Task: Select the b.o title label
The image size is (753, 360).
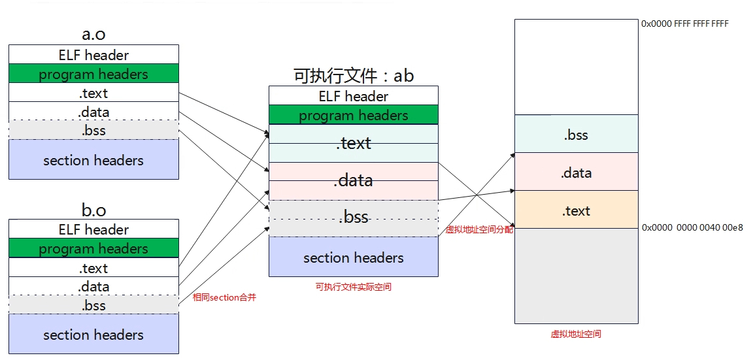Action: tap(93, 210)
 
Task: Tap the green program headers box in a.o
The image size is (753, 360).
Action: tap(93, 74)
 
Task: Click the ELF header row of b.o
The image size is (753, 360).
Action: tap(93, 229)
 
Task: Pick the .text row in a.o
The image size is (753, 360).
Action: tap(93, 93)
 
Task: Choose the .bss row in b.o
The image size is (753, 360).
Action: tap(93, 305)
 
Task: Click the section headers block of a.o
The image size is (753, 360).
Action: tap(93, 160)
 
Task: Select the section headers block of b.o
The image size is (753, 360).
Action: tap(93, 335)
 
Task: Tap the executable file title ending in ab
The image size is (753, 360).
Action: tap(354, 76)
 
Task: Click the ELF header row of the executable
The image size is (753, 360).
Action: tap(354, 96)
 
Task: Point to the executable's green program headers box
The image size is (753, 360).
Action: tap(354, 116)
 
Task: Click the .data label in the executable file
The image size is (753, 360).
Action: tap(354, 180)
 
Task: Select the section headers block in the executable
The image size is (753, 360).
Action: tap(354, 257)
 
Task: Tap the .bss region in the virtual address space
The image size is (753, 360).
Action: tap(576, 135)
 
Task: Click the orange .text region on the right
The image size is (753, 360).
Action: tap(576, 210)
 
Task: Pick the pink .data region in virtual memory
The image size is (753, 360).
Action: tap(576, 173)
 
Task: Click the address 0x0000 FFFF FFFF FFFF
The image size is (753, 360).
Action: tap(685, 24)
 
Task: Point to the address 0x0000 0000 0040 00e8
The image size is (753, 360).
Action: tap(692, 228)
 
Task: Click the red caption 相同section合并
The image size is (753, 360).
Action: tap(225, 297)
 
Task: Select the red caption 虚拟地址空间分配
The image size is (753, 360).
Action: tap(479, 230)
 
